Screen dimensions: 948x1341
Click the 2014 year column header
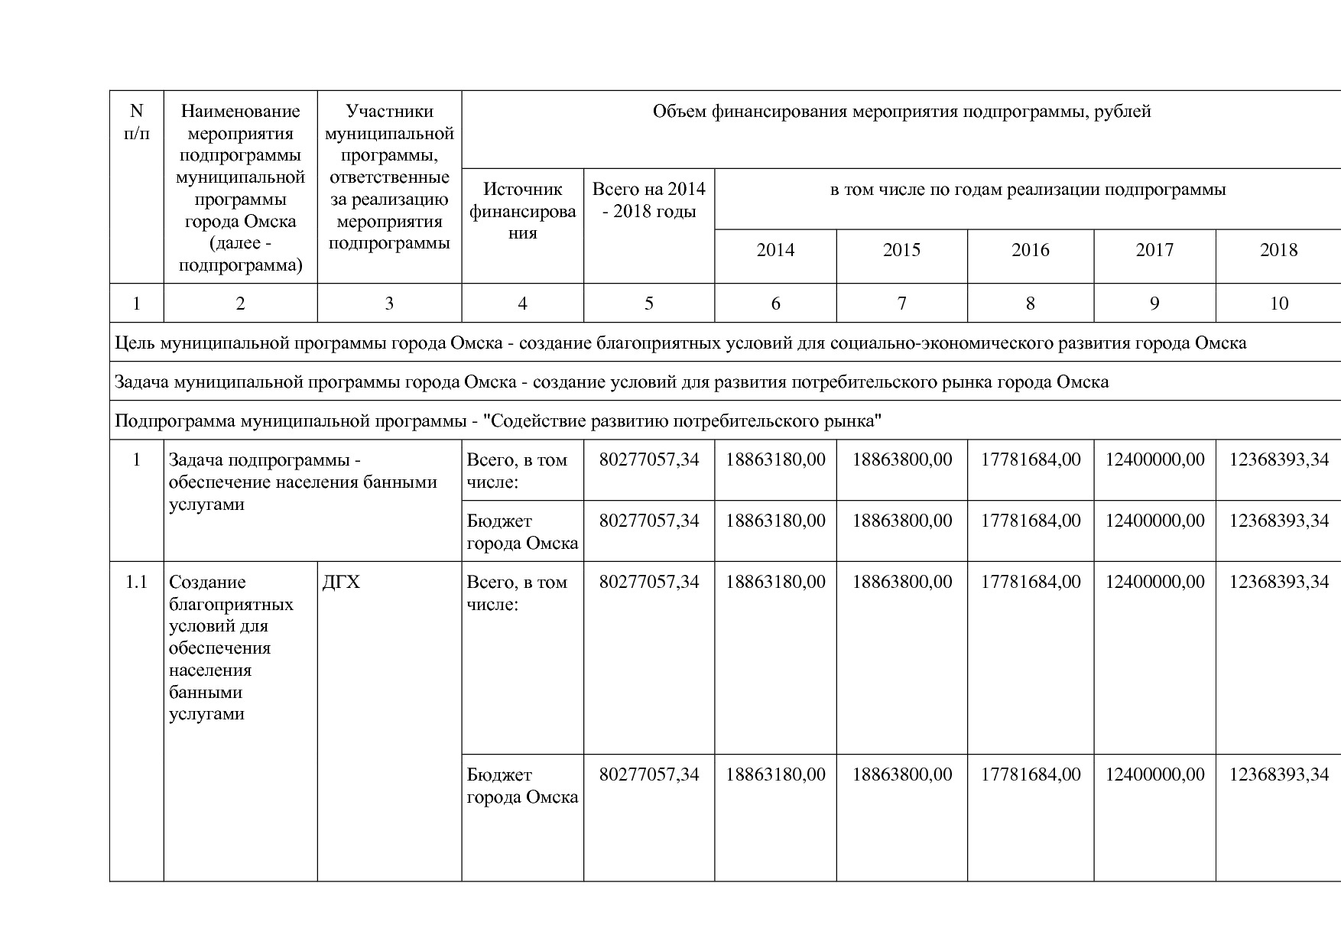coord(775,251)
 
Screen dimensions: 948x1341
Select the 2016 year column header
coord(1030,251)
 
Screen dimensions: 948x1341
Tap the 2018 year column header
coord(1278,251)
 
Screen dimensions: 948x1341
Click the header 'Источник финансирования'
coord(522,211)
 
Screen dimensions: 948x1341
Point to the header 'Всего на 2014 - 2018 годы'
coord(648,200)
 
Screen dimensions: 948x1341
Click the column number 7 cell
coord(901,304)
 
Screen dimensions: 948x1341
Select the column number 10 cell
coord(1278,304)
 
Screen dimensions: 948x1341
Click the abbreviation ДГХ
coord(341,583)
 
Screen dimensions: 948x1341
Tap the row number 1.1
coord(136,583)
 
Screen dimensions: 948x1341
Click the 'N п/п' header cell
coord(136,122)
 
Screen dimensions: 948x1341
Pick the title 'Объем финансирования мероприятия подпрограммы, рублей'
coord(901,112)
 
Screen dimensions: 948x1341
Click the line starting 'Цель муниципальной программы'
coord(680,343)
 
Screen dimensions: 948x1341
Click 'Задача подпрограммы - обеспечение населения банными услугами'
coord(302,482)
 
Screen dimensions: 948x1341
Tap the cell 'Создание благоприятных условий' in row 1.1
coord(230,648)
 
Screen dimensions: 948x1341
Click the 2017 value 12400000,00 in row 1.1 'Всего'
coord(1154,583)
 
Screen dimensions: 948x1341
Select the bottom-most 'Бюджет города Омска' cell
coord(522,786)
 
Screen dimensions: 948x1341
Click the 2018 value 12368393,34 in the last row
coord(1278,775)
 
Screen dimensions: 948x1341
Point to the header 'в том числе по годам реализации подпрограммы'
coord(1028,190)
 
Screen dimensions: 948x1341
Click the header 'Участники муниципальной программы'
coord(389,177)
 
